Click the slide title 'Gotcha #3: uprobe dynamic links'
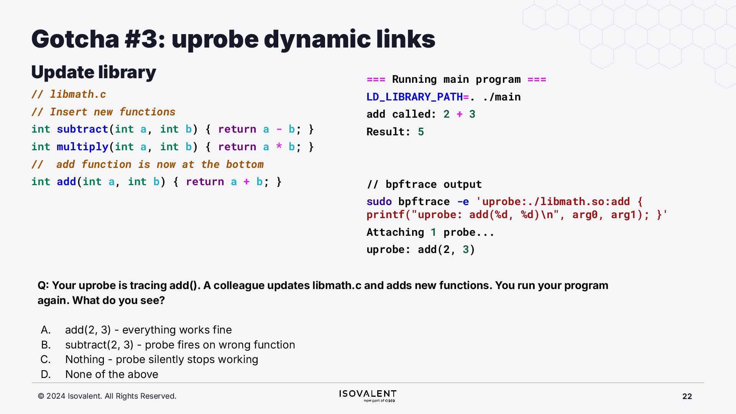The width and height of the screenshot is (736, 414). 233,39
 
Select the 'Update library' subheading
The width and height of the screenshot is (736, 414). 94,72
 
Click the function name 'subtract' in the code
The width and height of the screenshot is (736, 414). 82,129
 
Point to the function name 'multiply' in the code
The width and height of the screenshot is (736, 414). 82,147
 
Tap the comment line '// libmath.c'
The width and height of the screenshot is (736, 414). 69,94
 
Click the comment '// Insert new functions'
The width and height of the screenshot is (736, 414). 103,112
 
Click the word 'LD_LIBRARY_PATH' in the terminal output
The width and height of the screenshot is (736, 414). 414,97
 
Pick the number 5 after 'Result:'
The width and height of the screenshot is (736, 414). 421,132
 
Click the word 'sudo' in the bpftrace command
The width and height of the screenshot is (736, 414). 379,202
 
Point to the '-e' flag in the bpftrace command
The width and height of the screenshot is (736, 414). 463,202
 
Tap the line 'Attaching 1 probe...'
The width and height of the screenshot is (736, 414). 430,232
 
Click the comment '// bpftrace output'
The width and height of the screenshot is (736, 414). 424,184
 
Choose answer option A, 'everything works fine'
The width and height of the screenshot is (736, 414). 148,330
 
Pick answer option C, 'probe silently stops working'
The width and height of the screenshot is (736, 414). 161,359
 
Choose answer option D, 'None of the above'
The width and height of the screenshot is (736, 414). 112,374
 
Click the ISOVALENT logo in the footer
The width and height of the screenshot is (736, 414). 368,396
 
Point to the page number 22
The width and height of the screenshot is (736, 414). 687,396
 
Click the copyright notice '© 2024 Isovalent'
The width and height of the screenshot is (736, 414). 107,396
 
